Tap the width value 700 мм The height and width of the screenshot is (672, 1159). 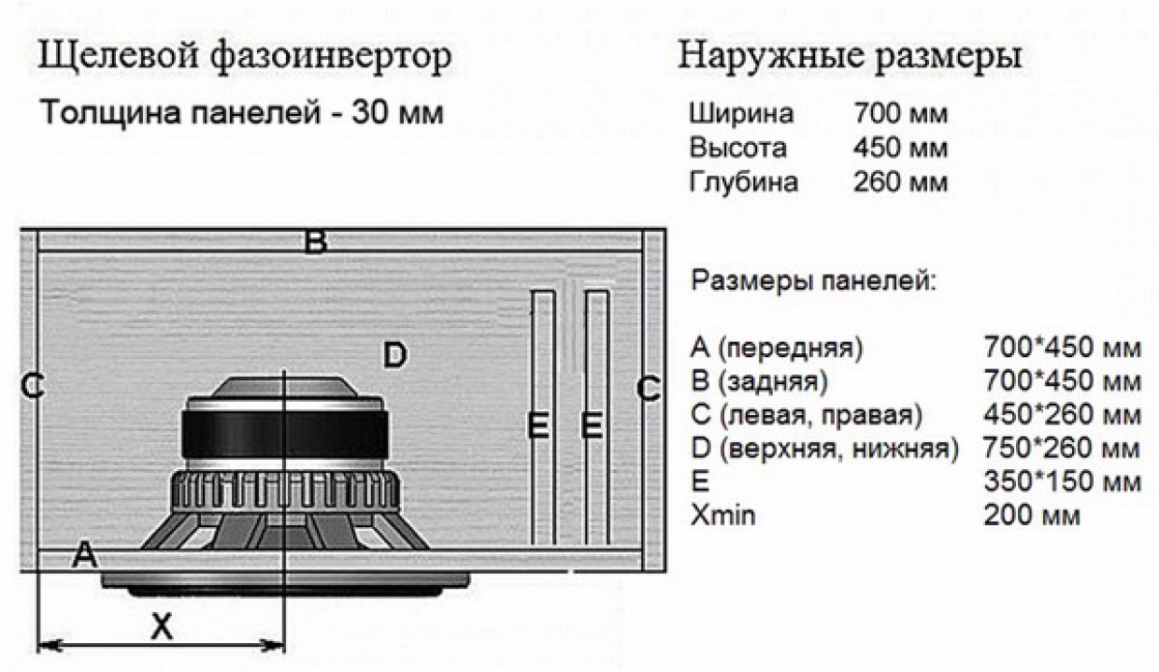(x=900, y=114)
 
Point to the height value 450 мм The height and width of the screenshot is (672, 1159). (x=900, y=148)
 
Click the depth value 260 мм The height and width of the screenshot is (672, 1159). (x=900, y=181)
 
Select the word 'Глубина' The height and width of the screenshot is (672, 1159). (x=743, y=181)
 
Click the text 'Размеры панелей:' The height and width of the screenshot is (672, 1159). (x=813, y=279)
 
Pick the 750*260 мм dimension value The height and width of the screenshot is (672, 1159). (x=1062, y=449)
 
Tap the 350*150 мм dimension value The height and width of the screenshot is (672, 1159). (x=1062, y=482)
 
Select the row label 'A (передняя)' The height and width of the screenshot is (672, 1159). (x=777, y=348)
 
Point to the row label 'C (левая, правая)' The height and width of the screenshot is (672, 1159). (x=807, y=415)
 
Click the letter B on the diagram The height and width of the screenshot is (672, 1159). (x=316, y=243)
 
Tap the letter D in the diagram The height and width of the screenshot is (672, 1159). (x=395, y=355)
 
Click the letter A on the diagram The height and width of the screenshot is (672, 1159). (x=85, y=555)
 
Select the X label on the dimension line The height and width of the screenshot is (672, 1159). (x=162, y=627)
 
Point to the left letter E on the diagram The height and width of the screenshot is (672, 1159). (x=537, y=425)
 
